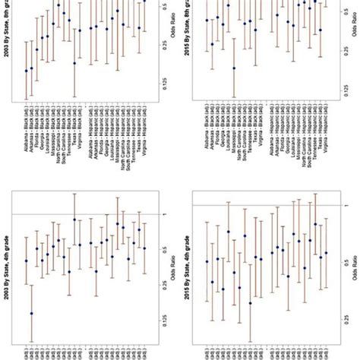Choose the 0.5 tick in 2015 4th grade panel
pyautogui.click(x=336, y=250)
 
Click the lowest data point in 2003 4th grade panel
pyautogui.click(x=31, y=313)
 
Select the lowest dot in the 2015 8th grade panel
pyautogui.click(x=234, y=68)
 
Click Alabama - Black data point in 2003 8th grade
pyautogui.click(x=27, y=71)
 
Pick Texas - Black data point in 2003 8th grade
pyautogui.click(x=74, y=64)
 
